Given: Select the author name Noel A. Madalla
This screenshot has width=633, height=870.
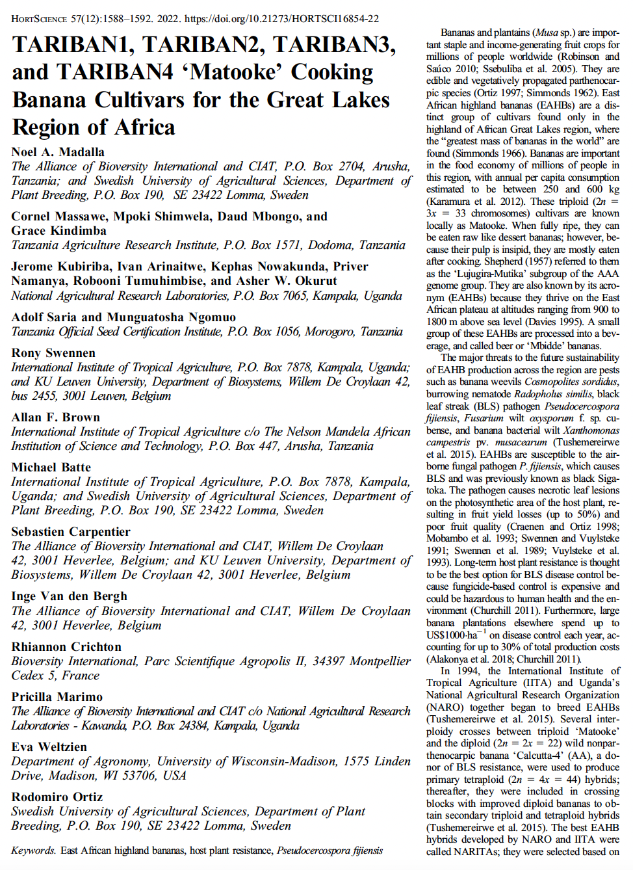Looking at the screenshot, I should coord(58,152).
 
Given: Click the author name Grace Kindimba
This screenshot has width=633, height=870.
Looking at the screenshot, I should coord(58,231).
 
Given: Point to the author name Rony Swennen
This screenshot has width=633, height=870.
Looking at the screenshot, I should coord(53,353).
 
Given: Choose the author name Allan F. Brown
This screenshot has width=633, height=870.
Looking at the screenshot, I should coord(56,417).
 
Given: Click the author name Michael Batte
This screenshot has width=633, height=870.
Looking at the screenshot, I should coord(51,468).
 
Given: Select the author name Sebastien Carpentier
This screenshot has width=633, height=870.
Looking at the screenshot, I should coord(71,532).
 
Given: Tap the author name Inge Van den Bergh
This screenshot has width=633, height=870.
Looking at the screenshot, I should coord(70,596).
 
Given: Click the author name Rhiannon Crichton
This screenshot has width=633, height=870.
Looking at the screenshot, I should coord(66,647).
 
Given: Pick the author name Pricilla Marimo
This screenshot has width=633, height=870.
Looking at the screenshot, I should coord(57,697).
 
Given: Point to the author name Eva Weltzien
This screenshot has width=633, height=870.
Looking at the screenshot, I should coord(49,747).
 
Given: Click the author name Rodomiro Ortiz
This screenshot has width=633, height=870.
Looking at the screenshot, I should coord(57,797).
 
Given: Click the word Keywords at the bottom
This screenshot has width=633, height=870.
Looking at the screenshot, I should coord(33,850).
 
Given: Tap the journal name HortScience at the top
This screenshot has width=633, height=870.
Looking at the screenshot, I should coord(39,19).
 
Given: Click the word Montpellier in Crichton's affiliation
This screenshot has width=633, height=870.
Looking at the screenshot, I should coord(380,661).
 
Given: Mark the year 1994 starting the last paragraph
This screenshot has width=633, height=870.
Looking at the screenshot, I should coord(469,671).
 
